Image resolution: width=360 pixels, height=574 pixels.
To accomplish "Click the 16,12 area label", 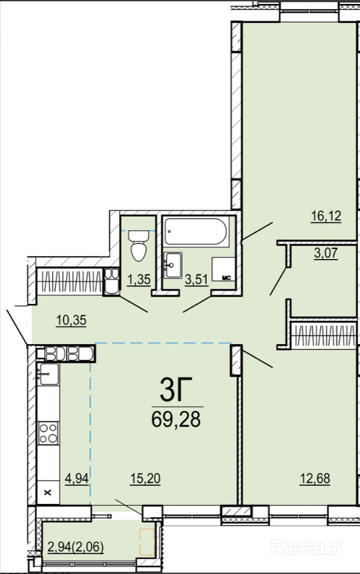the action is tap(326, 216).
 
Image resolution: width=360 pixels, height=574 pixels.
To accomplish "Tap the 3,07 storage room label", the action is tap(326, 253).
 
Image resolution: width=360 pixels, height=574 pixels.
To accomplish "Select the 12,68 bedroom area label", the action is tap(315, 478).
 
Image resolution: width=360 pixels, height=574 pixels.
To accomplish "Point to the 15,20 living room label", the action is tap(145, 478).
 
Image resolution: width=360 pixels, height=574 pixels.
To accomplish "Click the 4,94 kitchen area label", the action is tap(77, 478).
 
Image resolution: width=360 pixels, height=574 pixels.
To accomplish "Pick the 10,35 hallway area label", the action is tap(71, 320).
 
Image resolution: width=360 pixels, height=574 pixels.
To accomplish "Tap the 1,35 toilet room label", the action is tap(139, 279).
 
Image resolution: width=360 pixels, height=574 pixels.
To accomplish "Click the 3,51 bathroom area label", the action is tap(196, 279).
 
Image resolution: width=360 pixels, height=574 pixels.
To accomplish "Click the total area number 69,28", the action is tap(176, 419).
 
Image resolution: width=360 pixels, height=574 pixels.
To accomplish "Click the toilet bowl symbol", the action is tap(138, 246).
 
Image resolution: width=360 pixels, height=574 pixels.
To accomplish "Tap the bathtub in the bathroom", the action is tap(196, 232).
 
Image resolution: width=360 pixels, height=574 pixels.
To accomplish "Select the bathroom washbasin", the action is tap(172, 265).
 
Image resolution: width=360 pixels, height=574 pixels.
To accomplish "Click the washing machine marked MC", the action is tap(223, 269).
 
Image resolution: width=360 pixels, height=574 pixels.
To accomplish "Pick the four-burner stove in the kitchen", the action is tap(49, 433).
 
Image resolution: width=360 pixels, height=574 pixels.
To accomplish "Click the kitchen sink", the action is tap(48, 374).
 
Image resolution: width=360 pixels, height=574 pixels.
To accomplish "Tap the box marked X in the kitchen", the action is tap(48, 492).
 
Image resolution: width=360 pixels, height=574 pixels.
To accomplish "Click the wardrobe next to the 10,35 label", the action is tap(70, 281).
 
